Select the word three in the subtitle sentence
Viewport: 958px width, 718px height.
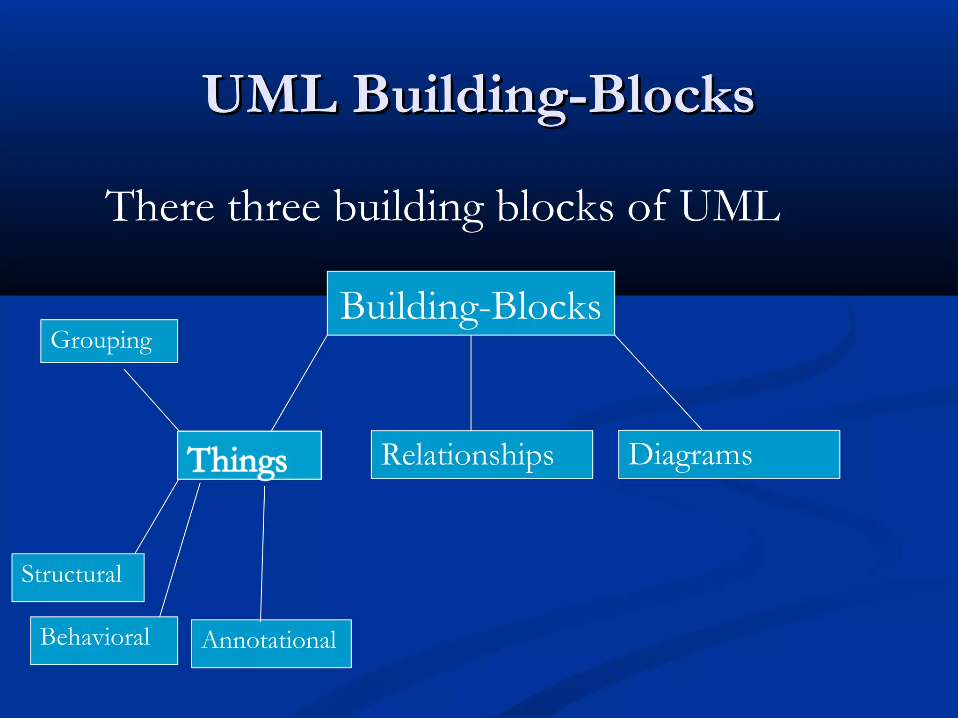pyautogui.click(x=274, y=207)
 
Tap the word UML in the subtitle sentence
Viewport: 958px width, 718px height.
pyautogui.click(x=730, y=206)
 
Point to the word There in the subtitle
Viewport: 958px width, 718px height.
pyautogui.click(x=159, y=206)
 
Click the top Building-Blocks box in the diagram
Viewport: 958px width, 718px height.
pyautogui.click(x=471, y=304)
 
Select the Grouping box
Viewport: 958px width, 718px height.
pyautogui.click(x=109, y=341)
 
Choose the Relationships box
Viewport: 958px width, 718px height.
pyautogui.click(x=481, y=455)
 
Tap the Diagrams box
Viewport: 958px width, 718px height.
pyautogui.click(x=729, y=455)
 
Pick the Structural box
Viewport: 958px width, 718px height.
pyautogui.click(x=78, y=578)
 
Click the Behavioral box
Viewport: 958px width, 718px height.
pyautogui.click(x=104, y=640)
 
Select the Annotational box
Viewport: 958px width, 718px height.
pyautogui.click(x=271, y=644)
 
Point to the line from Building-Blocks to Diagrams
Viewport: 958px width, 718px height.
pyautogui.click(x=658, y=382)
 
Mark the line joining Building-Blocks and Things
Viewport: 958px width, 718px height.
pyautogui.click(x=299, y=383)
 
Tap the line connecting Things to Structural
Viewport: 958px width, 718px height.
pyautogui.click(x=157, y=517)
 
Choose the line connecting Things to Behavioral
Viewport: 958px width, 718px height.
pyautogui.click(x=180, y=549)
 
